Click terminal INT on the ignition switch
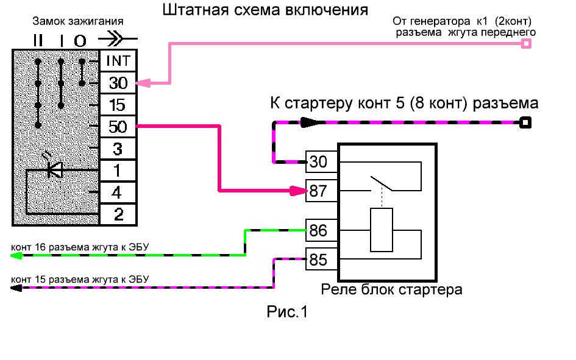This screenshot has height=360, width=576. tap(118, 62)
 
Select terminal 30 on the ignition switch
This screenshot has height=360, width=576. tap(118, 83)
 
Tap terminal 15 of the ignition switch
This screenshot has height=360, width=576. tap(118, 105)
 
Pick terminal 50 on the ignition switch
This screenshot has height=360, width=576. tap(118, 127)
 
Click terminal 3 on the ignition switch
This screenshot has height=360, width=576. tap(118, 149)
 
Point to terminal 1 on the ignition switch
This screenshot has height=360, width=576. tap(118, 171)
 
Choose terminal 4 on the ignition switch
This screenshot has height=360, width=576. tap(118, 192)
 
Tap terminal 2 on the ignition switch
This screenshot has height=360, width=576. tap(118, 214)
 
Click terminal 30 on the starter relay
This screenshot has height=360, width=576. tap(319, 162)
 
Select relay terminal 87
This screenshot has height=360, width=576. tap(319, 191)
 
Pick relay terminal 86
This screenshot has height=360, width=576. tap(319, 231)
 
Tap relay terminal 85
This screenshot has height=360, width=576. tap(319, 259)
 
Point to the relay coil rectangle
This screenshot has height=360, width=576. tap(382, 230)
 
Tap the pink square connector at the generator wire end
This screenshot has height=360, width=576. tap(527, 43)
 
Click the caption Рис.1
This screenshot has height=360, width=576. tap(288, 312)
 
